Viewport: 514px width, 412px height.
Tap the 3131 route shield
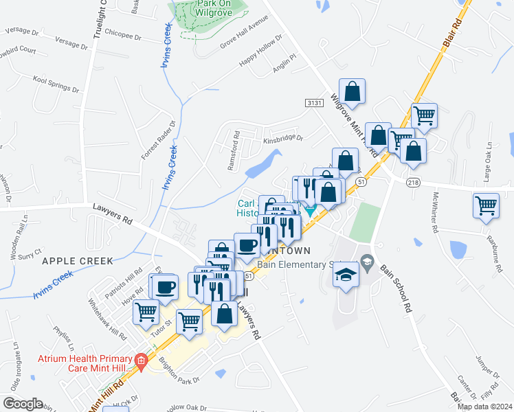314,102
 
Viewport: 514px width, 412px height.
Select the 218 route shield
412,181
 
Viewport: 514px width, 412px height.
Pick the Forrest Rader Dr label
149,141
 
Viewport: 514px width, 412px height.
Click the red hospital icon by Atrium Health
141,360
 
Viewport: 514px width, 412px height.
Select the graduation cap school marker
346,274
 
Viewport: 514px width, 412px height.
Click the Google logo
23,404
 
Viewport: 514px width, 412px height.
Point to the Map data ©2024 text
484,407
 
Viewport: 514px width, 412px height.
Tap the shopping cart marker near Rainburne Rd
486,204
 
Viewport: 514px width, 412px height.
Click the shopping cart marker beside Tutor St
189,319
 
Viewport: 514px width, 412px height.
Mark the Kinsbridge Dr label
282,138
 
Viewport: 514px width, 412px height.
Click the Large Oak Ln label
489,157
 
